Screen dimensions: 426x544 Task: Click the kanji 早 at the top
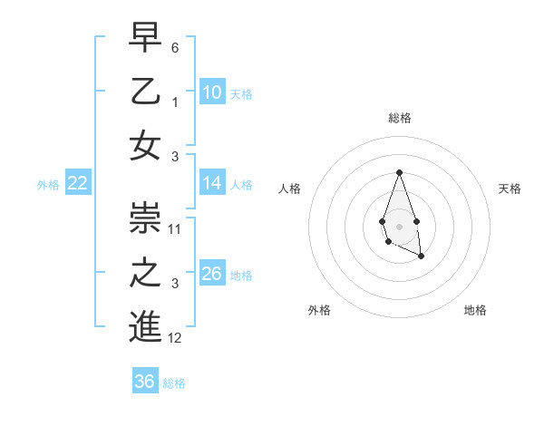coord(145,39)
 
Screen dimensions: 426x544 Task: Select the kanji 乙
coord(145,92)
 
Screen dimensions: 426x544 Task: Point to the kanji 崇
coord(145,217)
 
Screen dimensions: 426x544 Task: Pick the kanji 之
coord(145,272)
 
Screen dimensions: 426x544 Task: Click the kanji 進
coord(145,325)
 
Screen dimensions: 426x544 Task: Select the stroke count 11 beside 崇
coord(175,228)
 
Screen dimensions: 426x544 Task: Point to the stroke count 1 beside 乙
coord(175,102)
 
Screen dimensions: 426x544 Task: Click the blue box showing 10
coord(212,92)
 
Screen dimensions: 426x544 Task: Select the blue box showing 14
coord(212,183)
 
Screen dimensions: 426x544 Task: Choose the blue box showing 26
coord(212,274)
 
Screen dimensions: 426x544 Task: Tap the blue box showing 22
coord(78,183)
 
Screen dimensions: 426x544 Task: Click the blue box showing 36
coord(145,382)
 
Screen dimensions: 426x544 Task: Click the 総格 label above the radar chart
coord(399,118)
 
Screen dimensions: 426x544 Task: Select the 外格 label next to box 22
coord(48,184)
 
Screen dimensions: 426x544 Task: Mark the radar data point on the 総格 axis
coord(399,172)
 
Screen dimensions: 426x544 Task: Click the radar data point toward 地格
coord(422,257)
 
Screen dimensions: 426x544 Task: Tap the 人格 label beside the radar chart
coord(290,189)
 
